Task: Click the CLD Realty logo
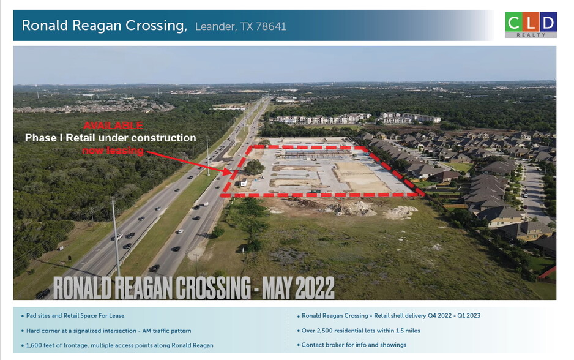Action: click(531, 24)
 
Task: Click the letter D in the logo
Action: click(548, 22)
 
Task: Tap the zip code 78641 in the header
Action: click(271, 26)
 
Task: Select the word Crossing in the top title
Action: click(155, 26)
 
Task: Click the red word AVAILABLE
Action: click(113, 126)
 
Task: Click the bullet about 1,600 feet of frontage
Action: click(119, 345)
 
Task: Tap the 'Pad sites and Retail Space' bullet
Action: click(75, 316)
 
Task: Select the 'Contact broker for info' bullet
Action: click(354, 345)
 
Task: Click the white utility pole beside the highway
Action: click(116, 230)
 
